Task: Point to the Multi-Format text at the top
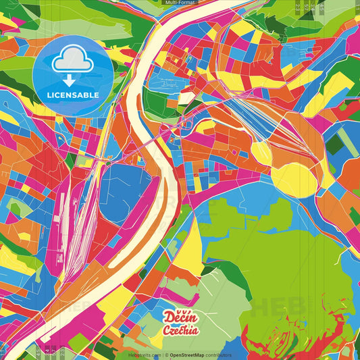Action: tap(180, 3)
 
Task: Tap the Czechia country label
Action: tap(180, 330)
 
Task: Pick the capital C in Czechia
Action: tap(166, 330)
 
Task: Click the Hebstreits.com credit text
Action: tap(143, 355)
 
